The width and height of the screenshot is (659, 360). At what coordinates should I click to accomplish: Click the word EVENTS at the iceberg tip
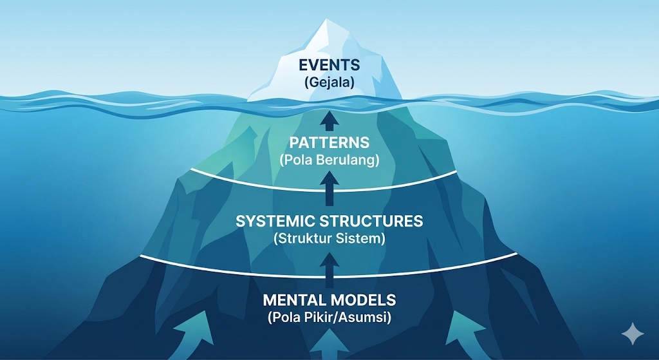tap(329, 66)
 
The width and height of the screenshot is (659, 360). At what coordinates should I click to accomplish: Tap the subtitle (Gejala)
tap(329, 82)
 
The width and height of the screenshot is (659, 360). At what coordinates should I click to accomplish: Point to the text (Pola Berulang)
tap(329, 160)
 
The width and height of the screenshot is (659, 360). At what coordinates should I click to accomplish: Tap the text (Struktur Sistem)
tap(329, 238)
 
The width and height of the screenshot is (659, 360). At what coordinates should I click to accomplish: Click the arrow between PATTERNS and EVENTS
tap(329, 119)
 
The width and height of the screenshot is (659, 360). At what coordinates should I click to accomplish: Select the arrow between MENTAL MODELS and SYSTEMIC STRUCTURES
tap(329, 269)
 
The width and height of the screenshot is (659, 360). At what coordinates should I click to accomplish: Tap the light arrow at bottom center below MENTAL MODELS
tap(329, 345)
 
